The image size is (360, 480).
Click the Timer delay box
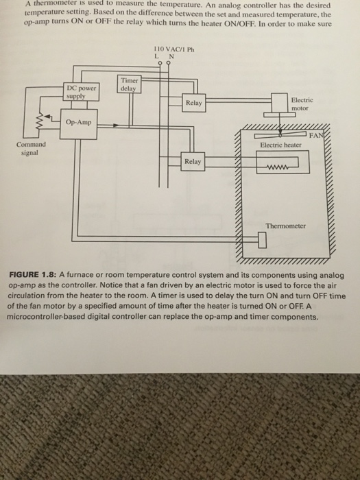pos(128,84)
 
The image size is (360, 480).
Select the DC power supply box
pos(82,92)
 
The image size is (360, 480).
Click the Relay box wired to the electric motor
pos(193,103)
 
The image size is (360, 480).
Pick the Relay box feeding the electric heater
pos(193,162)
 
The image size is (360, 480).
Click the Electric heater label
pos(281,145)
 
